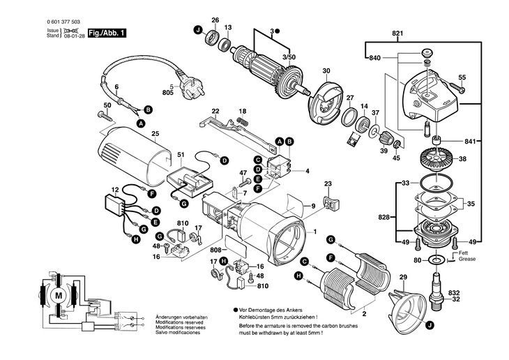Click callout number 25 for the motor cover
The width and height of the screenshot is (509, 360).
pyautogui.click(x=155, y=133)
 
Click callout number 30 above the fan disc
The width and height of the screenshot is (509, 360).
pyautogui.click(x=326, y=71)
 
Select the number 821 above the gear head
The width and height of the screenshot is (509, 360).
pyautogui.click(x=397, y=34)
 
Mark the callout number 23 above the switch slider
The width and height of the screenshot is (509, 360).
pyautogui.click(x=328, y=184)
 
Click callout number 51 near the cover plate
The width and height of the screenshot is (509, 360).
pyautogui.click(x=181, y=154)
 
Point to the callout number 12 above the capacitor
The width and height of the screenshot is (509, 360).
pyautogui.click(x=116, y=189)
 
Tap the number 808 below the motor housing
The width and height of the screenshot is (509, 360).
pyautogui.click(x=215, y=249)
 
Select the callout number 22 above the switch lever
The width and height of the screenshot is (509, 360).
pyautogui.click(x=215, y=111)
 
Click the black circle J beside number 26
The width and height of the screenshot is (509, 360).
pyautogui.click(x=198, y=29)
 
